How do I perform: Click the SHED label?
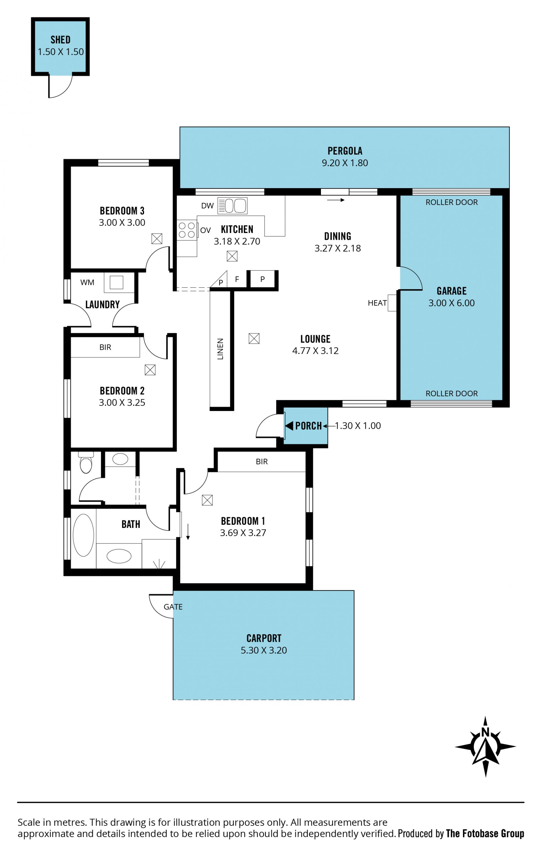60,39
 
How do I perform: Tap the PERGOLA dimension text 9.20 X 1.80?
345,163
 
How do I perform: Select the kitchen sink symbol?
232,206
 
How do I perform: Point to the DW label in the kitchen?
207,206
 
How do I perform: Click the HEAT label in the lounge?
377,303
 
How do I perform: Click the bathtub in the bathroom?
83,535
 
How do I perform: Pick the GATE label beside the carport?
173,607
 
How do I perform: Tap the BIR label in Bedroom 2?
105,347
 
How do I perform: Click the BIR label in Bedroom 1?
261,462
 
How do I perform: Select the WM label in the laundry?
87,283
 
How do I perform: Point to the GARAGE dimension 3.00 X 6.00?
451,303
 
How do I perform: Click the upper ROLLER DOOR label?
451,202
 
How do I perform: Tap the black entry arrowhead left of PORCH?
289,426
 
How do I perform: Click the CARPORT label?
264,638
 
